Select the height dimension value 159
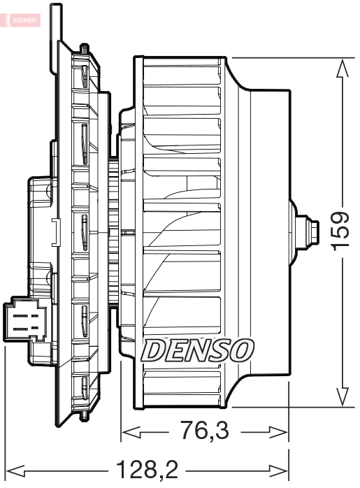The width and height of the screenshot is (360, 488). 340,232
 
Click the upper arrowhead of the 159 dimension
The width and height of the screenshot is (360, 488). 341,65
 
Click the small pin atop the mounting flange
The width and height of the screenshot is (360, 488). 85,48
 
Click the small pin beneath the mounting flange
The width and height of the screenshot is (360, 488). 85,417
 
